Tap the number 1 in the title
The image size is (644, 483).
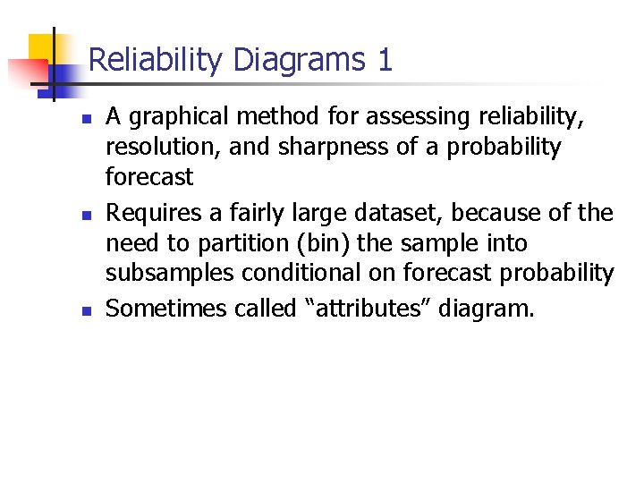(x=386, y=61)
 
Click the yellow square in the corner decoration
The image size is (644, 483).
(x=42, y=49)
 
